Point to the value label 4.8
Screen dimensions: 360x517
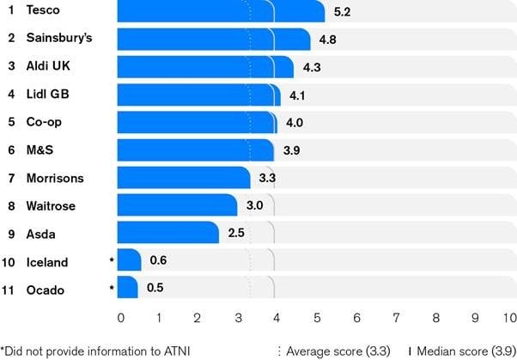[328, 40]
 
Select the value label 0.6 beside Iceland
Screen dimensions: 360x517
[158, 261]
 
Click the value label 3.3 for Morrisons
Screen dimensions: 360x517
[268, 179]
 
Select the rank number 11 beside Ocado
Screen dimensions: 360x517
[11, 290]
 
